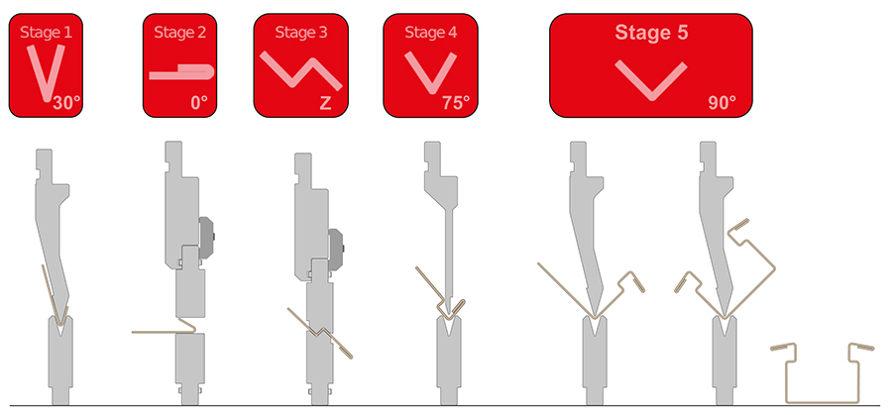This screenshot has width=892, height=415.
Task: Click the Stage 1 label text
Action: pyautogui.click(x=46, y=33)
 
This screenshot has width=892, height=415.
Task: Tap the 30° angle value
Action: pyautogui.click(x=67, y=103)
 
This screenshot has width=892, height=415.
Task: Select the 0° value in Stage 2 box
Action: pyautogui.click(x=198, y=103)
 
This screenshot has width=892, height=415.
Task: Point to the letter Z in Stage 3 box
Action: pyautogui.click(x=325, y=104)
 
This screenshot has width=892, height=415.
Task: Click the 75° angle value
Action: pyautogui.click(x=456, y=103)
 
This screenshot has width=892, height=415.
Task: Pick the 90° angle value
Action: pyautogui.click(x=723, y=103)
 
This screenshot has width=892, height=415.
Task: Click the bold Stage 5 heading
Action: pyautogui.click(x=651, y=33)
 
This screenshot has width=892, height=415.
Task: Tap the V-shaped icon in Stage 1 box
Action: pyautogui.click(x=46, y=72)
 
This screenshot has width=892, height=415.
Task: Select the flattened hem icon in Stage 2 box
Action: pyautogui.click(x=181, y=72)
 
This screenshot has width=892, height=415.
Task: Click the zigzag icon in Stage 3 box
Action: pyautogui.click(x=301, y=70)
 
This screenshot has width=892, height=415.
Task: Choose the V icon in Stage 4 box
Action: pyautogui.click(x=431, y=72)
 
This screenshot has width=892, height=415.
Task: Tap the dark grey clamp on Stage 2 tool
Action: pyautogui.click(x=206, y=237)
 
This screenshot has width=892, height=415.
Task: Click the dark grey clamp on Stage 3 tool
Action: pyautogui.click(x=336, y=249)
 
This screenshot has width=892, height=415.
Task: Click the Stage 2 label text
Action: pyautogui.click(x=179, y=33)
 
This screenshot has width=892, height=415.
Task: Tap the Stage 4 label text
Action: pyautogui.click(x=431, y=33)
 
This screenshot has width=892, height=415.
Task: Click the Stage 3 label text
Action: pyautogui.click(x=301, y=33)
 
